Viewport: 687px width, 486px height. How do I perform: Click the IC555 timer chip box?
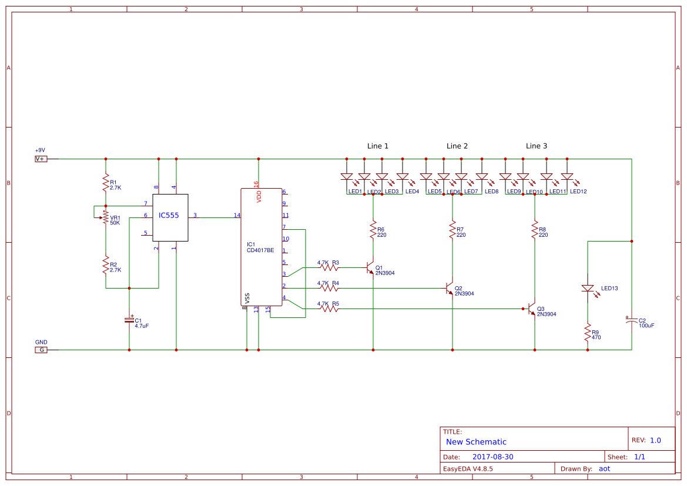(170, 217)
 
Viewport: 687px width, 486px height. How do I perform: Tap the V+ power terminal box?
(41, 159)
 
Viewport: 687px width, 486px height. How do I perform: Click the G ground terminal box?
(41, 350)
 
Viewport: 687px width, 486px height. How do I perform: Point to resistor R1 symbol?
(106, 182)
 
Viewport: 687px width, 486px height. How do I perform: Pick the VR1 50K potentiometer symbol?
(105, 217)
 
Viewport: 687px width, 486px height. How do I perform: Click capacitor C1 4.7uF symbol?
(129, 320)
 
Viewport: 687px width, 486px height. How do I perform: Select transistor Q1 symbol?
(370, 268)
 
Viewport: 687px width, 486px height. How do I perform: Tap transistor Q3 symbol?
(531, 309)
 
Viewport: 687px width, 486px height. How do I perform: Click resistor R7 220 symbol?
(453, 230)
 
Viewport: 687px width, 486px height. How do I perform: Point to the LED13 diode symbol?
(588, 289)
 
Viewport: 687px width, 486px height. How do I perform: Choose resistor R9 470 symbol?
(588, 333)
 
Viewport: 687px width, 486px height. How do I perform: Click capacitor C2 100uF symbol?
(632, 321)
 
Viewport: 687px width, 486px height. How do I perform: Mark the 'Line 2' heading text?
(457, 146)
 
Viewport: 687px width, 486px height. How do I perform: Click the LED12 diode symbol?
(567, 176)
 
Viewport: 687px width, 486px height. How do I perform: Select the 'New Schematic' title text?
(476, 442)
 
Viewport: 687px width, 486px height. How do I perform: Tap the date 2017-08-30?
(493, 457)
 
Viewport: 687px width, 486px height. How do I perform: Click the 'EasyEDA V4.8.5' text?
(468, 469)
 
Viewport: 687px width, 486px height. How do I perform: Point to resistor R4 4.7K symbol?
(330, 289)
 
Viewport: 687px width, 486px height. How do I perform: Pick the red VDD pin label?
(259, 196)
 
